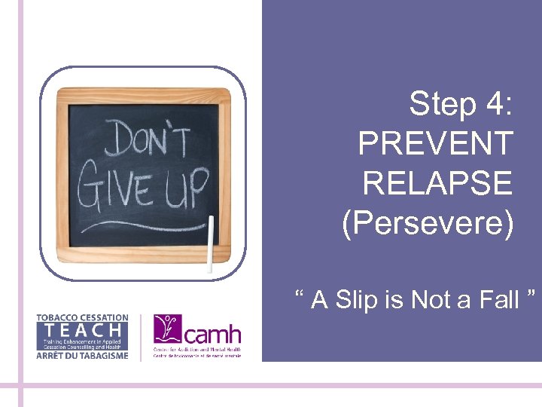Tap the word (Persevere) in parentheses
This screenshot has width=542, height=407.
[x=427, y=223]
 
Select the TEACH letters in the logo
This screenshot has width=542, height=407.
[x=82, y=329]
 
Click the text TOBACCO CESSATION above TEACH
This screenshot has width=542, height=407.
[x=82, y=318]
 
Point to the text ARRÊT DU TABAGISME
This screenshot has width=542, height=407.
[x=82, y=355]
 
